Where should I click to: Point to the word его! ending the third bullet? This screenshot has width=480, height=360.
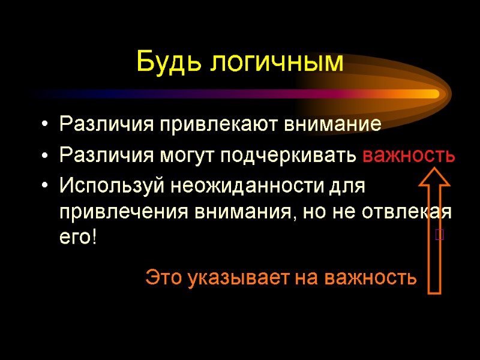click(77, 236)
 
